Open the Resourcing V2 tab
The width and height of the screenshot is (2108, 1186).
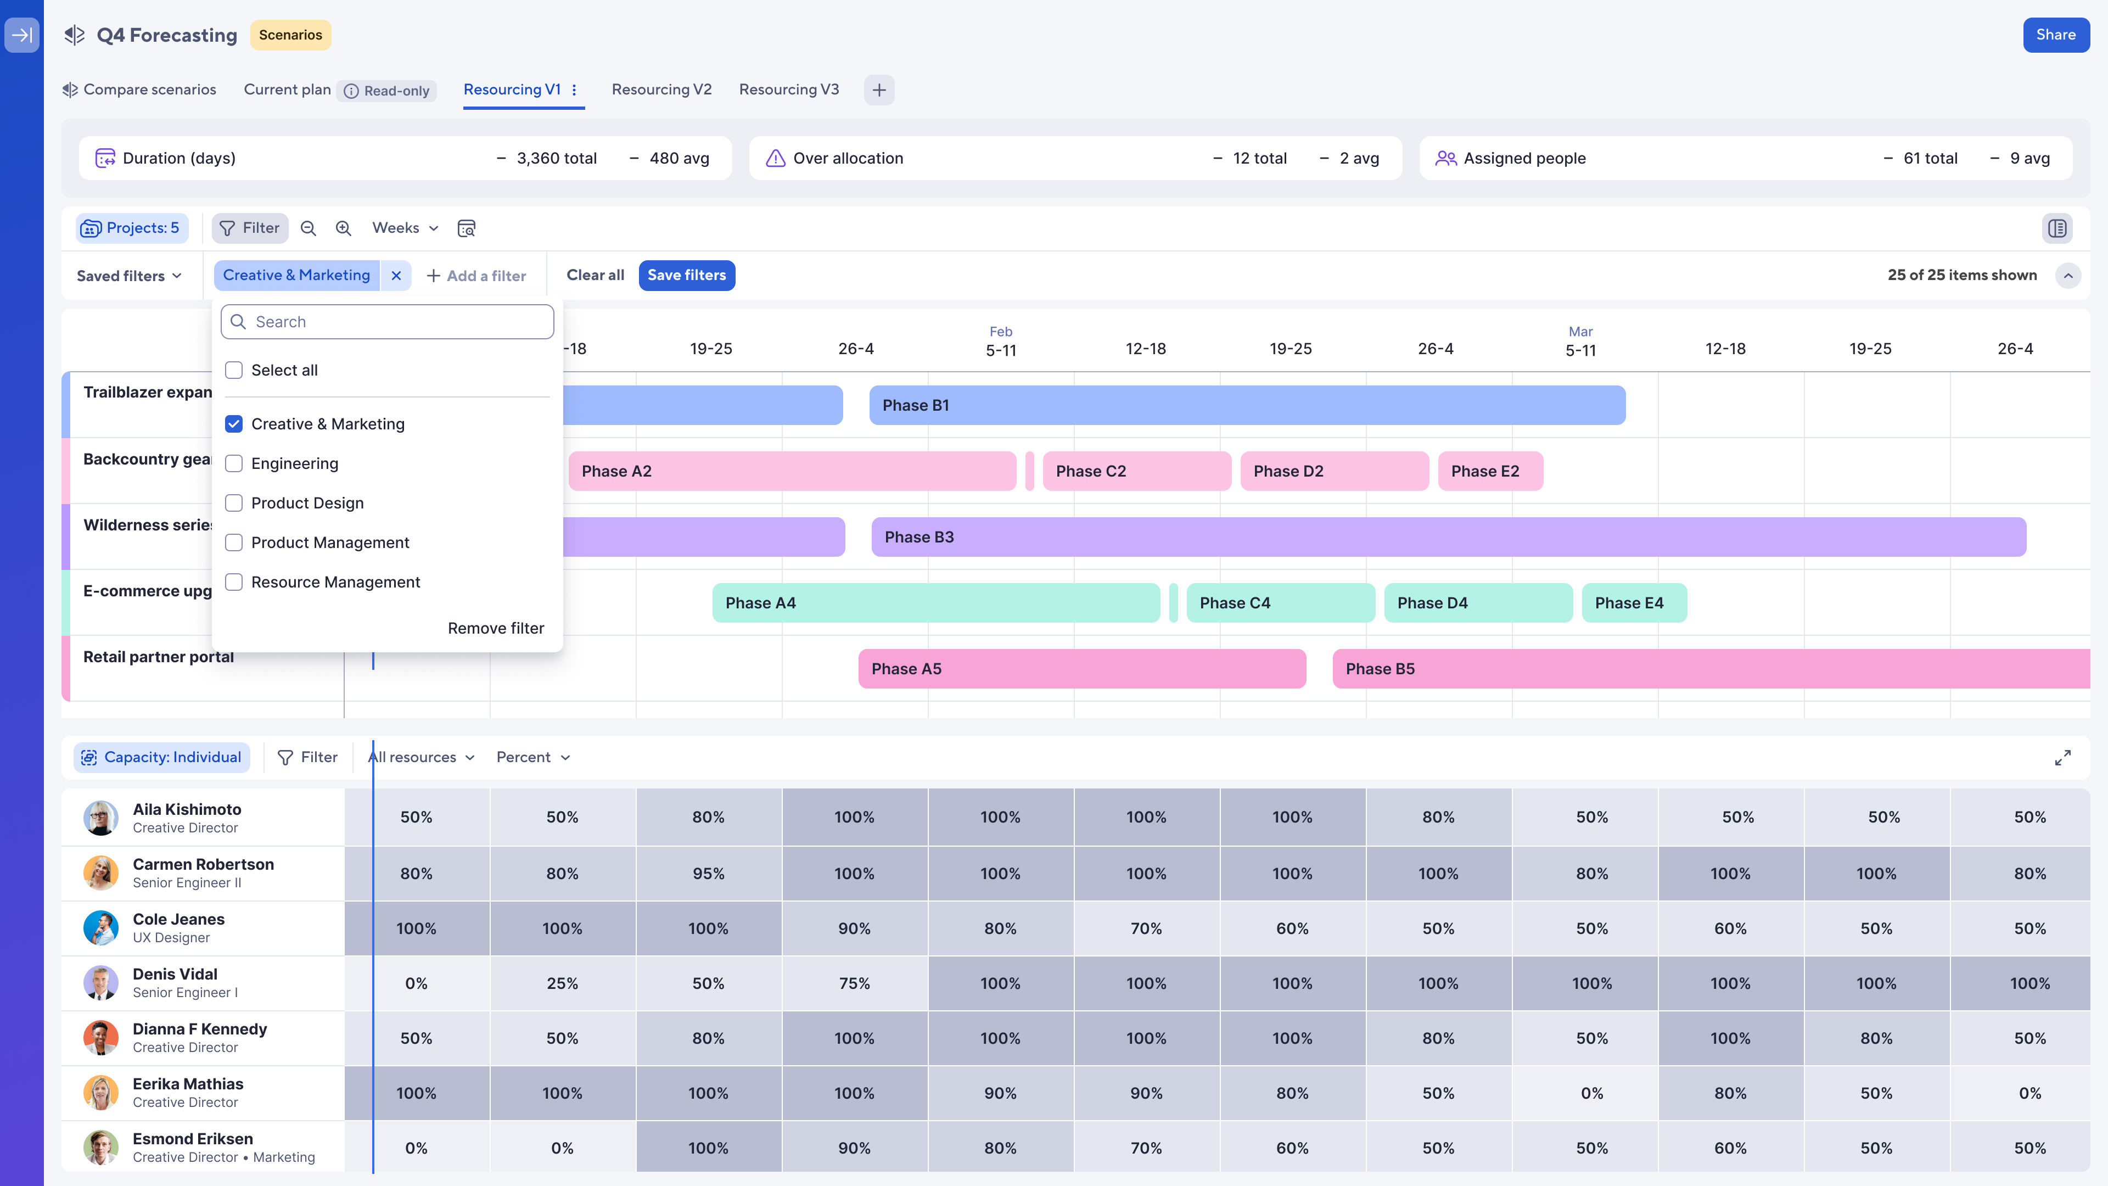click(x=661, y=89)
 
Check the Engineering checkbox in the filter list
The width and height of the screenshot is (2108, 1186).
click(x=234, y=463)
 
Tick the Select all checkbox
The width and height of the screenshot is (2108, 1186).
click(x=234, y=370)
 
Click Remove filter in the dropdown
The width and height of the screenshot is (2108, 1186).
click(x=495, y=628)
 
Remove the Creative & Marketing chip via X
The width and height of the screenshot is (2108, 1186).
click(x=396, y=276)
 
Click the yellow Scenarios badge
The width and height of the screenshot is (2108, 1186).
click(x=290, y=35)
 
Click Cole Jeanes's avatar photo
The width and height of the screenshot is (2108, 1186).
click(x=100, y=927)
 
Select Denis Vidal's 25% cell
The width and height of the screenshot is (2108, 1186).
click(x=562, y=983)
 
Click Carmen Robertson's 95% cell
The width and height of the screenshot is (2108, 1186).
click(x=708, y=874)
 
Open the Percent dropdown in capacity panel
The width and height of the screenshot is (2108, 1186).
click(x=532, y=757)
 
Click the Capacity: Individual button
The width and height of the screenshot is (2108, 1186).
click(x=162, y=757)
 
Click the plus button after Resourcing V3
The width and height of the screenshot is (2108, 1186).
click(x=879, y=90)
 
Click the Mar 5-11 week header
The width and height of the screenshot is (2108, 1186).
click(x=1580, y=342)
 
